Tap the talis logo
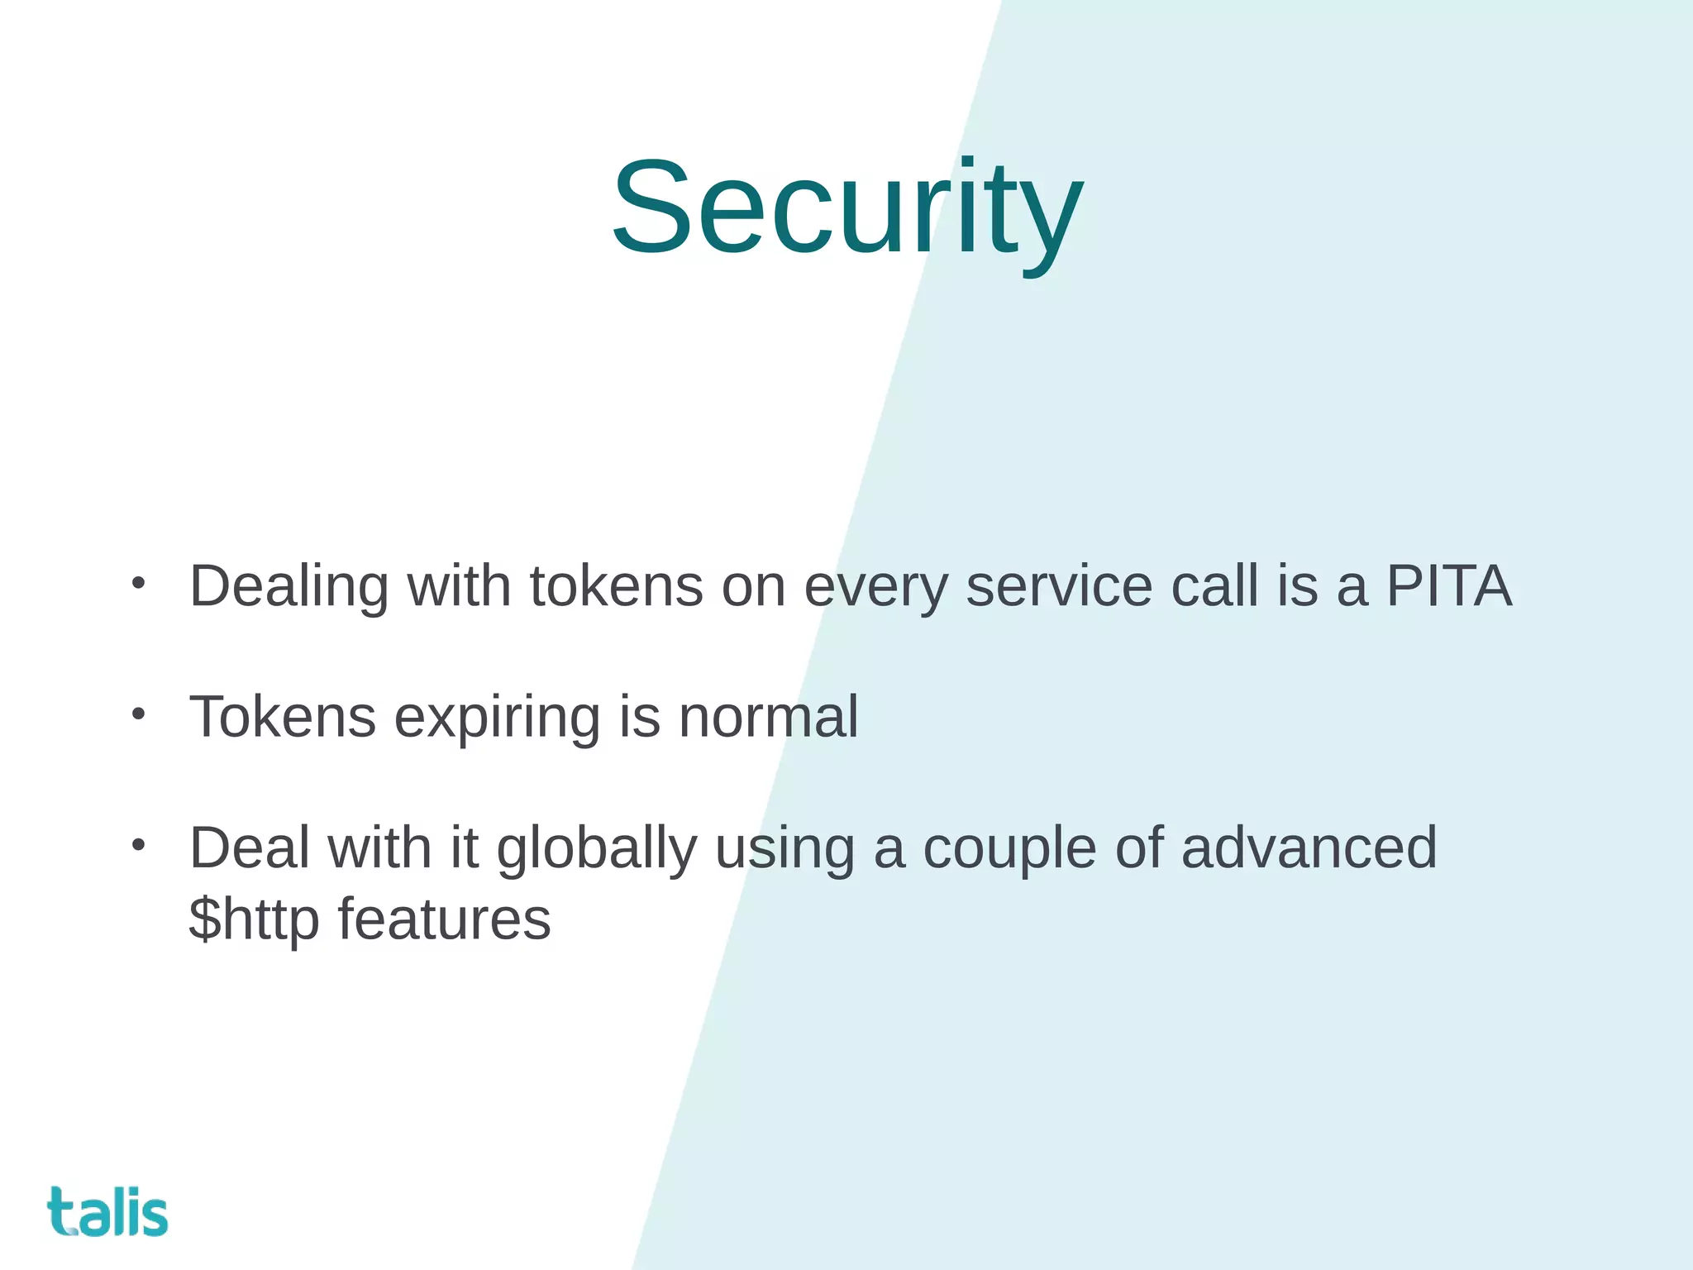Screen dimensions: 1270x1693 point(107,1212)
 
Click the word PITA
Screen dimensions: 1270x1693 point(1448,586)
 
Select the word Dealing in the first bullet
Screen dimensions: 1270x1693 point(289,586)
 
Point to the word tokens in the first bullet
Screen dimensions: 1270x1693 point(616,586)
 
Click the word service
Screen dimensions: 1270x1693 point(1059,586)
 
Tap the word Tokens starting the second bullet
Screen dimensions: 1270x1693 point(283,716)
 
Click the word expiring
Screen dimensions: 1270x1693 point(497,718)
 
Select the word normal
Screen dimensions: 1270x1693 point(768,716)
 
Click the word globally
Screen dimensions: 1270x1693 point(596,849)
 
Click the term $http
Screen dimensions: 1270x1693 point(254,920)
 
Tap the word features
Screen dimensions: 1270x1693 point(444,919)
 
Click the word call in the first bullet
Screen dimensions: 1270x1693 point(1214,586)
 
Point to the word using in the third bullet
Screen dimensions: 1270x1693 point(785,850)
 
